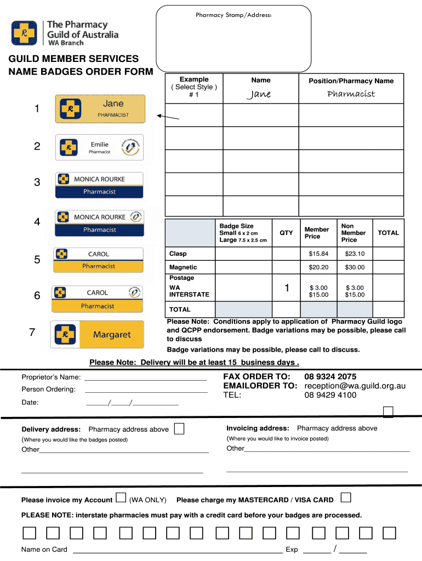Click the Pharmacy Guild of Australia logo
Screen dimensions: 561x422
coord(65,33)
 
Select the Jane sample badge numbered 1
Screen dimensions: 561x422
coord(100,108)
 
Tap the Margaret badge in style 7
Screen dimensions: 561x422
coord(98,334)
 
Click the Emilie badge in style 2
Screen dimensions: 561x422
coord(99,147)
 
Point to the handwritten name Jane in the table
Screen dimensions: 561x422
coord(259,94)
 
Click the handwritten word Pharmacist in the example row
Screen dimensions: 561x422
coord(351,94)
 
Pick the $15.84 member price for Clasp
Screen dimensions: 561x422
coord(318,254)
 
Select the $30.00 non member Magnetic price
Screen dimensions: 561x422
coord(354,267)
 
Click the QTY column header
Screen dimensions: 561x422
coord(286,233)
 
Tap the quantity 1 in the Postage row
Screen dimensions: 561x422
coord(287,288)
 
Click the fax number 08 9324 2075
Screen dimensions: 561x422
coord(330,376)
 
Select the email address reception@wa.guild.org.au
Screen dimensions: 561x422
coord(355,386)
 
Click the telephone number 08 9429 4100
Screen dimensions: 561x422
coord(330,395)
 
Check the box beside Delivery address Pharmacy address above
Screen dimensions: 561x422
coord(179,428)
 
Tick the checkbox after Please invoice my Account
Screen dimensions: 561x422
coord(120,499)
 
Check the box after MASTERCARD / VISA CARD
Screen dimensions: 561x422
coord(345,498)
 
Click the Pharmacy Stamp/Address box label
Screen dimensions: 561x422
coord(233,15)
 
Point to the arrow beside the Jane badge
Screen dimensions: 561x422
coord(168,117)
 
